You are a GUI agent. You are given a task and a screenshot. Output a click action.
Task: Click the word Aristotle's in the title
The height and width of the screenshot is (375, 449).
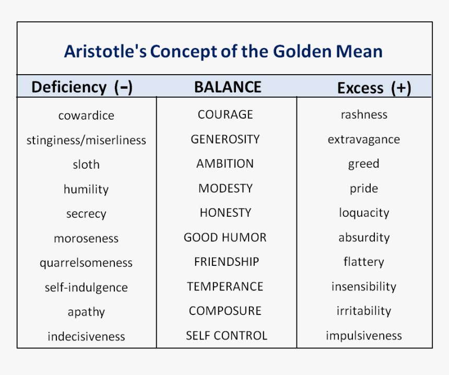coord(105,51)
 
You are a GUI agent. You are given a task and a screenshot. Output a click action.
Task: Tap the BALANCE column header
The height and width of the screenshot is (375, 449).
coord(228,87)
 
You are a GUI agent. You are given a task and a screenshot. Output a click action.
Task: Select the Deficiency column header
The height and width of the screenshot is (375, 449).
coord(69,87)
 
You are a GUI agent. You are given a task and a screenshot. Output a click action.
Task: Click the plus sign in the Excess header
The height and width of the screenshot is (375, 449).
coord(401,88)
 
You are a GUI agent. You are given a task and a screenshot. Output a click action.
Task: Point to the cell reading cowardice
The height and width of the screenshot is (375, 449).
coord(86,115)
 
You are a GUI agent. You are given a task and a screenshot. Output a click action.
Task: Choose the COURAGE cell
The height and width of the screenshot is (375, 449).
coord(226,114)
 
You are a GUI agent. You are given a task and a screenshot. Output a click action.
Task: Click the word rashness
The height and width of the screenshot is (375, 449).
coord(364,114)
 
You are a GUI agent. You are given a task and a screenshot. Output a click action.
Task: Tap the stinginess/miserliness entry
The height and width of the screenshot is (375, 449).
coord(86,140)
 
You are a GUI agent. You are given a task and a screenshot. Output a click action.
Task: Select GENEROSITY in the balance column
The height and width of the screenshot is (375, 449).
coord(225,139)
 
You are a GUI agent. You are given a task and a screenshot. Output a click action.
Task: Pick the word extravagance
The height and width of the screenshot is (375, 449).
coord(364,140)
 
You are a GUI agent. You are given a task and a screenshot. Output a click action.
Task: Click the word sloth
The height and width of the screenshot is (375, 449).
coord(86,165)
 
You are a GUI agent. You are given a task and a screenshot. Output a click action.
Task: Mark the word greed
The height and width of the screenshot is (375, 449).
coord(364,164)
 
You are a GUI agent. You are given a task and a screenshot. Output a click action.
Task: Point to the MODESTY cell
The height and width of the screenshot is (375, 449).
coord(226,188)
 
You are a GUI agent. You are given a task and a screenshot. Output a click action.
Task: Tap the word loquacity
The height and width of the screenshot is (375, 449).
coord(364,213)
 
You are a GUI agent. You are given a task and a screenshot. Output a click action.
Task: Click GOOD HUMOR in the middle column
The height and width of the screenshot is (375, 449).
coord(225,238)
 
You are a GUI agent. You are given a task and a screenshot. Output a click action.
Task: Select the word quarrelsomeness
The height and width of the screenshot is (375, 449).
coord(86,263)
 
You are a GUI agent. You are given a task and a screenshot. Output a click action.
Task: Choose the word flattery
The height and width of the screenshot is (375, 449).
coord(364,262)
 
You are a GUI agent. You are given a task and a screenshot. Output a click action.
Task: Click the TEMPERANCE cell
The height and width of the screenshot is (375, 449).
coord(225,287)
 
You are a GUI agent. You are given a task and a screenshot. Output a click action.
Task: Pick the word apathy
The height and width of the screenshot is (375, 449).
coord(86,312)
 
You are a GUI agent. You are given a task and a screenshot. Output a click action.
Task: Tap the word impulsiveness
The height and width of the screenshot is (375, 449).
coord(364,336)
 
